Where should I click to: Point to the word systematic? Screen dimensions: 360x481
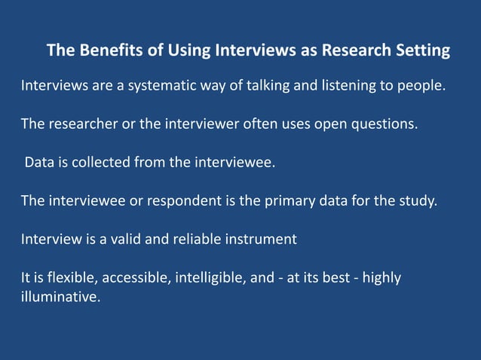point(163,86)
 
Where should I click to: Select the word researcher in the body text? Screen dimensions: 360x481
point(81,124)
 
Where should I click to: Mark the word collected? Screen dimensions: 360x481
point(95,163)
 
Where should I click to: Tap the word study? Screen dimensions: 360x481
point(418,201)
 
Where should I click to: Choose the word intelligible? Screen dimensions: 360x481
point(210,278)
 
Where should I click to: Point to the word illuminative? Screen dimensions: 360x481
point(60,297)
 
